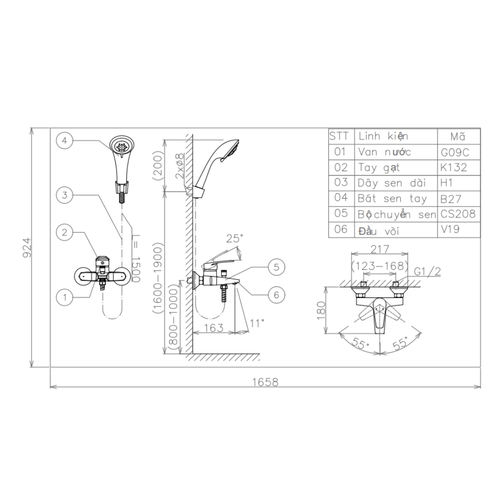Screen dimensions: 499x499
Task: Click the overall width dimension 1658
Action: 265,382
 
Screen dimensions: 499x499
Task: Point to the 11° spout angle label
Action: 256,323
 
